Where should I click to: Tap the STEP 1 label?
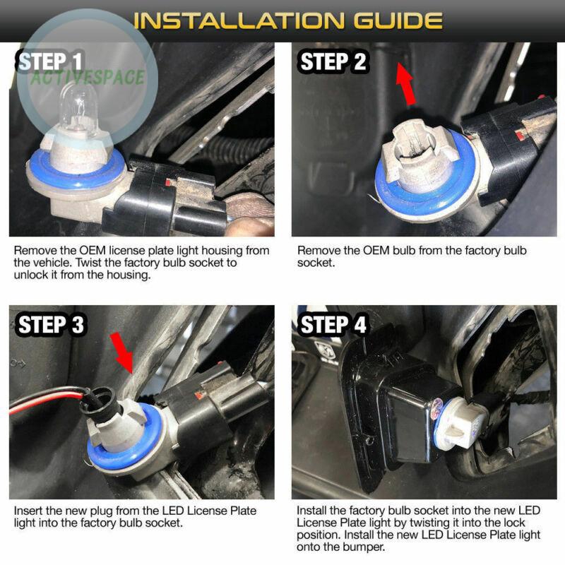51,62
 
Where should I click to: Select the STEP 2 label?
333,62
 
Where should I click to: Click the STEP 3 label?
51,325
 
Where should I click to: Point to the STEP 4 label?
333,325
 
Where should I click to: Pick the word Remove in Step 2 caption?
316,251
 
